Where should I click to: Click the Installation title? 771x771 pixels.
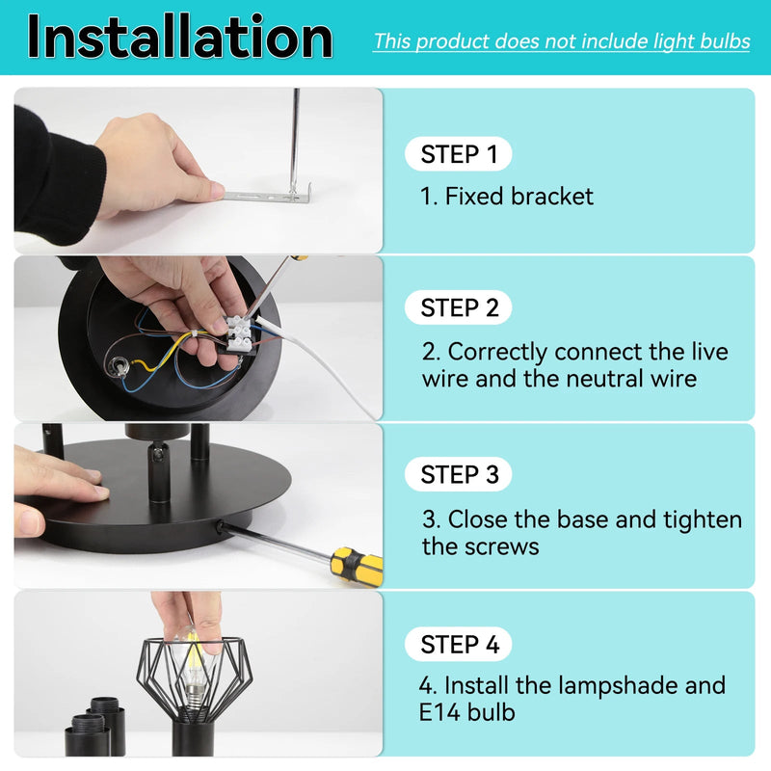tap(179, 38)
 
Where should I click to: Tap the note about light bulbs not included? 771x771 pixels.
tap(561, 41)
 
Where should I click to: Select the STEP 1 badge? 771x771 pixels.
tap(459, 154)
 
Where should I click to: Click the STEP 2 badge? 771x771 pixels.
tap(459, 308)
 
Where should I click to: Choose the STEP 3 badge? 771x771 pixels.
tap(459, 475)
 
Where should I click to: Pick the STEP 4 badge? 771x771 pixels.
tap(459, 645)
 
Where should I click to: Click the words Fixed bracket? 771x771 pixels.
tap(518, 197)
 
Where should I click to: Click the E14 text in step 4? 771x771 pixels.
tap(444, 712)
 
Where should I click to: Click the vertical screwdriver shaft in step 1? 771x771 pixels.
tap(296, 135)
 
